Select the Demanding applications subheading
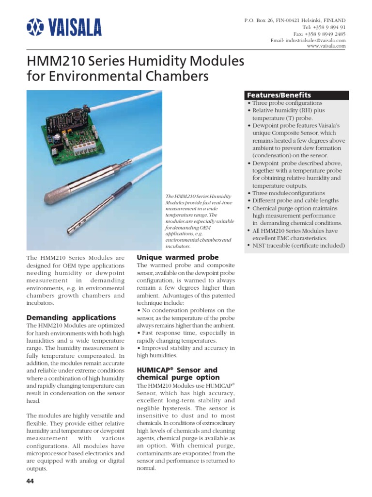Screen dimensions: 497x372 [x=71, y=317]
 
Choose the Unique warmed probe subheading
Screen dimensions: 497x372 [x=178, y=257]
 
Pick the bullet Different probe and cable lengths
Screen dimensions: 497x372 [x=295, y=200]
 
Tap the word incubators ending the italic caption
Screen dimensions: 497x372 [x=178, y=246]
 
